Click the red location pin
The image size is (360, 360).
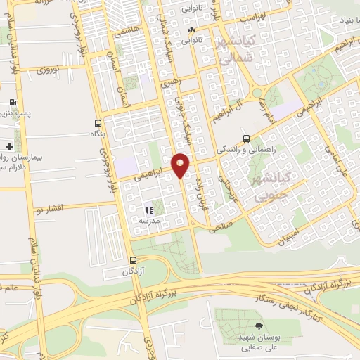(181, 165)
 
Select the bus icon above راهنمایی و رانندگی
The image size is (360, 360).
(245, 139)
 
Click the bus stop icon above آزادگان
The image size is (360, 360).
(124, 259)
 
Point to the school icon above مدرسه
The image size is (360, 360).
(148, 210)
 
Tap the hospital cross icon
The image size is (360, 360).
(8, 146)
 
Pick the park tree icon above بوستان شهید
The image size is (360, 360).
(259, 326)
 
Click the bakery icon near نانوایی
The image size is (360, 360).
(192, 30)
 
